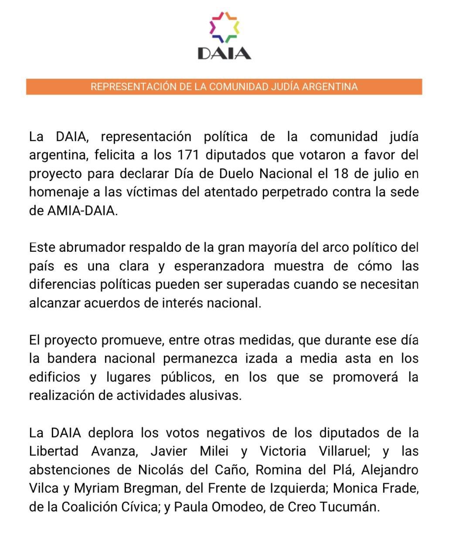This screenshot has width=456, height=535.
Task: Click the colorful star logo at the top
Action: pyautogui.click(x=224, y=27)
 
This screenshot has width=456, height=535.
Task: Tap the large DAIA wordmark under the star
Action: pyautogui.click(x=224, y=53)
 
